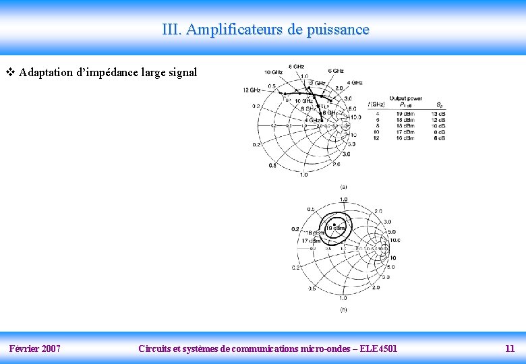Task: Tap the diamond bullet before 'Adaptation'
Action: [9, 72]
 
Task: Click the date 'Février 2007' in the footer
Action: [34, 348]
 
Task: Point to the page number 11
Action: [510, 348]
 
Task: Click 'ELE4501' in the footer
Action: [378, 348]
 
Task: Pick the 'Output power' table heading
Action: [405, 98]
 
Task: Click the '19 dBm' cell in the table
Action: [406, 114]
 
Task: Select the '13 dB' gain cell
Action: [439, 114]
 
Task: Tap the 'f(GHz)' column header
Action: [376, 104]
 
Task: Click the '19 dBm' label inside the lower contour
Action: [335, 228]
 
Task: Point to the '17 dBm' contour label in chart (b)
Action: [310, 241]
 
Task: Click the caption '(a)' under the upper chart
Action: [343, 186]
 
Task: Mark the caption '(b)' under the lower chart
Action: [343, 310]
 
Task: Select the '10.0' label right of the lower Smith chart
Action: [395, 240]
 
